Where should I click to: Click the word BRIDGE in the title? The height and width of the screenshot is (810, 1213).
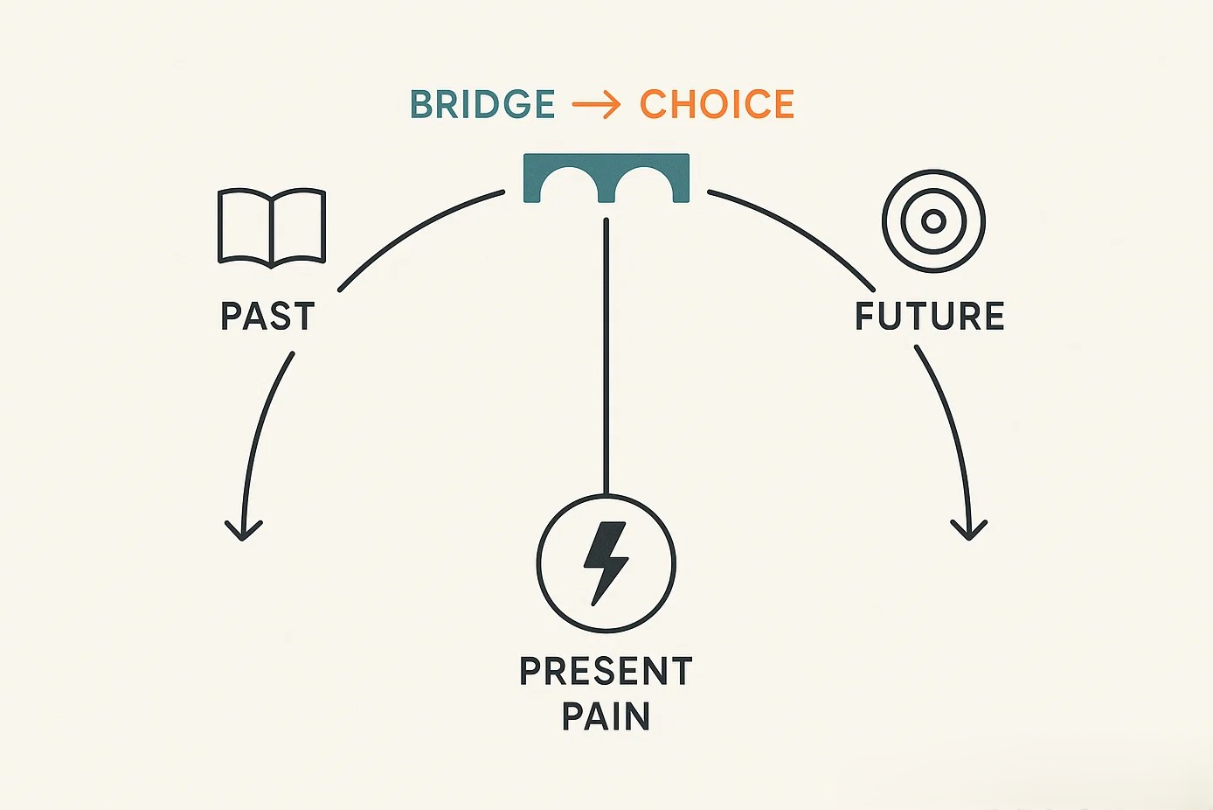click(x=482, y=105)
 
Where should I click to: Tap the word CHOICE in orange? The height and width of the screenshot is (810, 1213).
click(x=717, y=105)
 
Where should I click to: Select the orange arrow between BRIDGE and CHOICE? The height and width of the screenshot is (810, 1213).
click(x=597, y=106)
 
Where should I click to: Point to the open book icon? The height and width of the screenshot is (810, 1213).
click(x=272, y=226)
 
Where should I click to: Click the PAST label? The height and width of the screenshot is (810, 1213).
click(x=267, y=317)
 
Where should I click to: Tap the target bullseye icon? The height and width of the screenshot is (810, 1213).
click(x=933, y=221)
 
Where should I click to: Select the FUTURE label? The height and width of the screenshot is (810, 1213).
click(x=930, y=317)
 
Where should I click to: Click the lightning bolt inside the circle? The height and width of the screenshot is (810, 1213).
click(x=606, y=562)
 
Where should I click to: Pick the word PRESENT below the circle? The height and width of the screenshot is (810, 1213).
click(x=606, y=672)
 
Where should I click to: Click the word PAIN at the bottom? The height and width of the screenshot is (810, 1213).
click(x=606, y=717)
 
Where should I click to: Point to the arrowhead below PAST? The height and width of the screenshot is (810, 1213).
click(x=244, y=530)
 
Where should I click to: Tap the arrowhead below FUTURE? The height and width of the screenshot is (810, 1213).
click(x=968, y=529)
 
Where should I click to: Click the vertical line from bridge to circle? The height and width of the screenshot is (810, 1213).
click(x=606, y=350)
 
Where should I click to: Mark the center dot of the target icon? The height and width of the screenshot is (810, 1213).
click(x=933, y=221)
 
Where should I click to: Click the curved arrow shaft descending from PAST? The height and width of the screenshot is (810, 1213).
click(x=260, y=429)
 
